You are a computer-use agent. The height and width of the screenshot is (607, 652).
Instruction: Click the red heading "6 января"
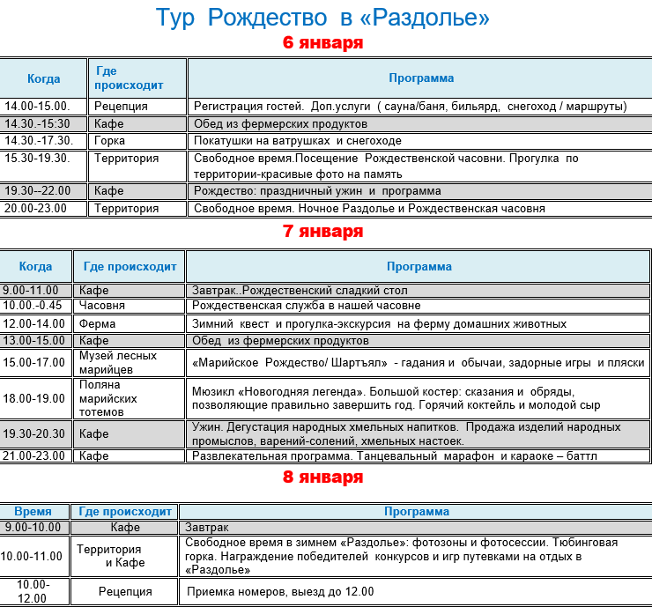tap(322, 43)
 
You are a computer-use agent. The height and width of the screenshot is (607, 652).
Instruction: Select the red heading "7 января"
tap(322, 232)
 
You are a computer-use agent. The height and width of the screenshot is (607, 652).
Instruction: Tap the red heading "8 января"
tap(322, 477)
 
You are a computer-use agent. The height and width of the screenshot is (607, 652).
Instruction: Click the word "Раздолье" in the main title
tap(432, 18)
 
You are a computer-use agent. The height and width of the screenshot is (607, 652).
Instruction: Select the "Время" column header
tap(33, 512)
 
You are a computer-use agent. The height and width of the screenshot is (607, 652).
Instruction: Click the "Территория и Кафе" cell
tap(124, 556)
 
